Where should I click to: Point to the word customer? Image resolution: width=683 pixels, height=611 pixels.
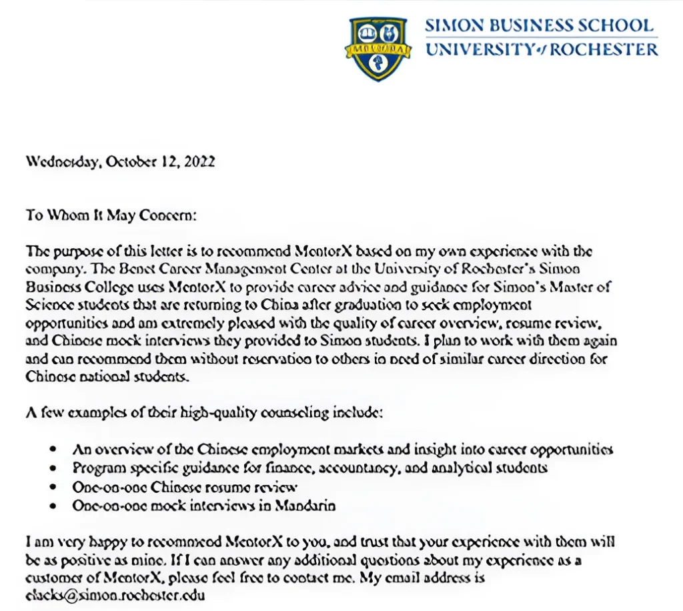(52, 578)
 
